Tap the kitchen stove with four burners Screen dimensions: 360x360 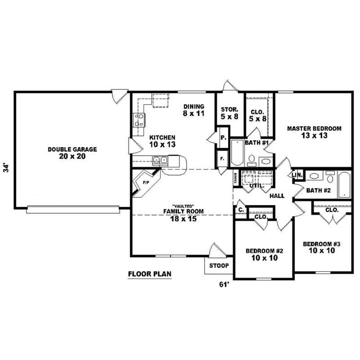tap(139, 120)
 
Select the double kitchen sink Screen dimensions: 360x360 tap(160, 160)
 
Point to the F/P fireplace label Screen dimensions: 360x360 tap(146, 183)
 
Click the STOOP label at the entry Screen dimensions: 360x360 tap(219, 266)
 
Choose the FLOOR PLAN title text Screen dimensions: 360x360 tap(150, 274)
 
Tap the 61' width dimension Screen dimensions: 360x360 tap(225, 284)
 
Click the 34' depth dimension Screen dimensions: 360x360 tap(6, 168)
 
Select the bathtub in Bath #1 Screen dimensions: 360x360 tap(237, 152)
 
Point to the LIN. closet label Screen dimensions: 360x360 tap(297, 175)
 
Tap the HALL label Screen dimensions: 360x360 tap(277, 196)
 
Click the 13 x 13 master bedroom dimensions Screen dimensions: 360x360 tap(314, 135)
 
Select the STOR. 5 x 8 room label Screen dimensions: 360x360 tap(230, 113)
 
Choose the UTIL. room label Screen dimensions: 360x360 tap(257, 185)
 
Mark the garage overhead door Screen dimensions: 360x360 tap(73, 210)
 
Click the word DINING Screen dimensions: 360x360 tap(194, 107)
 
